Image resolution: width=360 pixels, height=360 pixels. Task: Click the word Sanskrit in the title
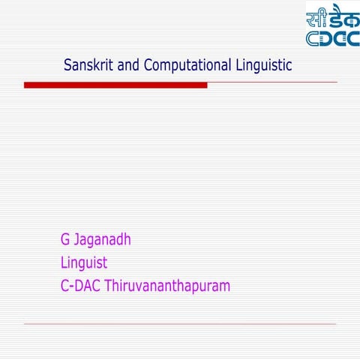tap(90, 65)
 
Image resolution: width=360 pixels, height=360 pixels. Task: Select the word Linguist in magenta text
tap(84, 263)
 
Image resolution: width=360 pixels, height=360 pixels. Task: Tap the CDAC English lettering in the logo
tap(332, 38)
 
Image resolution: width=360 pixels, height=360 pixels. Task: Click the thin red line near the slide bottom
tap(180, 324)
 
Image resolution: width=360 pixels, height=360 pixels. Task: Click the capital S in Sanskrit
tap(68, 65)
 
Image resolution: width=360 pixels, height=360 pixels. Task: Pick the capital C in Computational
tap(148, 65)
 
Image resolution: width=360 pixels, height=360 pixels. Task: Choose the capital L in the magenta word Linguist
tap(64, 263)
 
